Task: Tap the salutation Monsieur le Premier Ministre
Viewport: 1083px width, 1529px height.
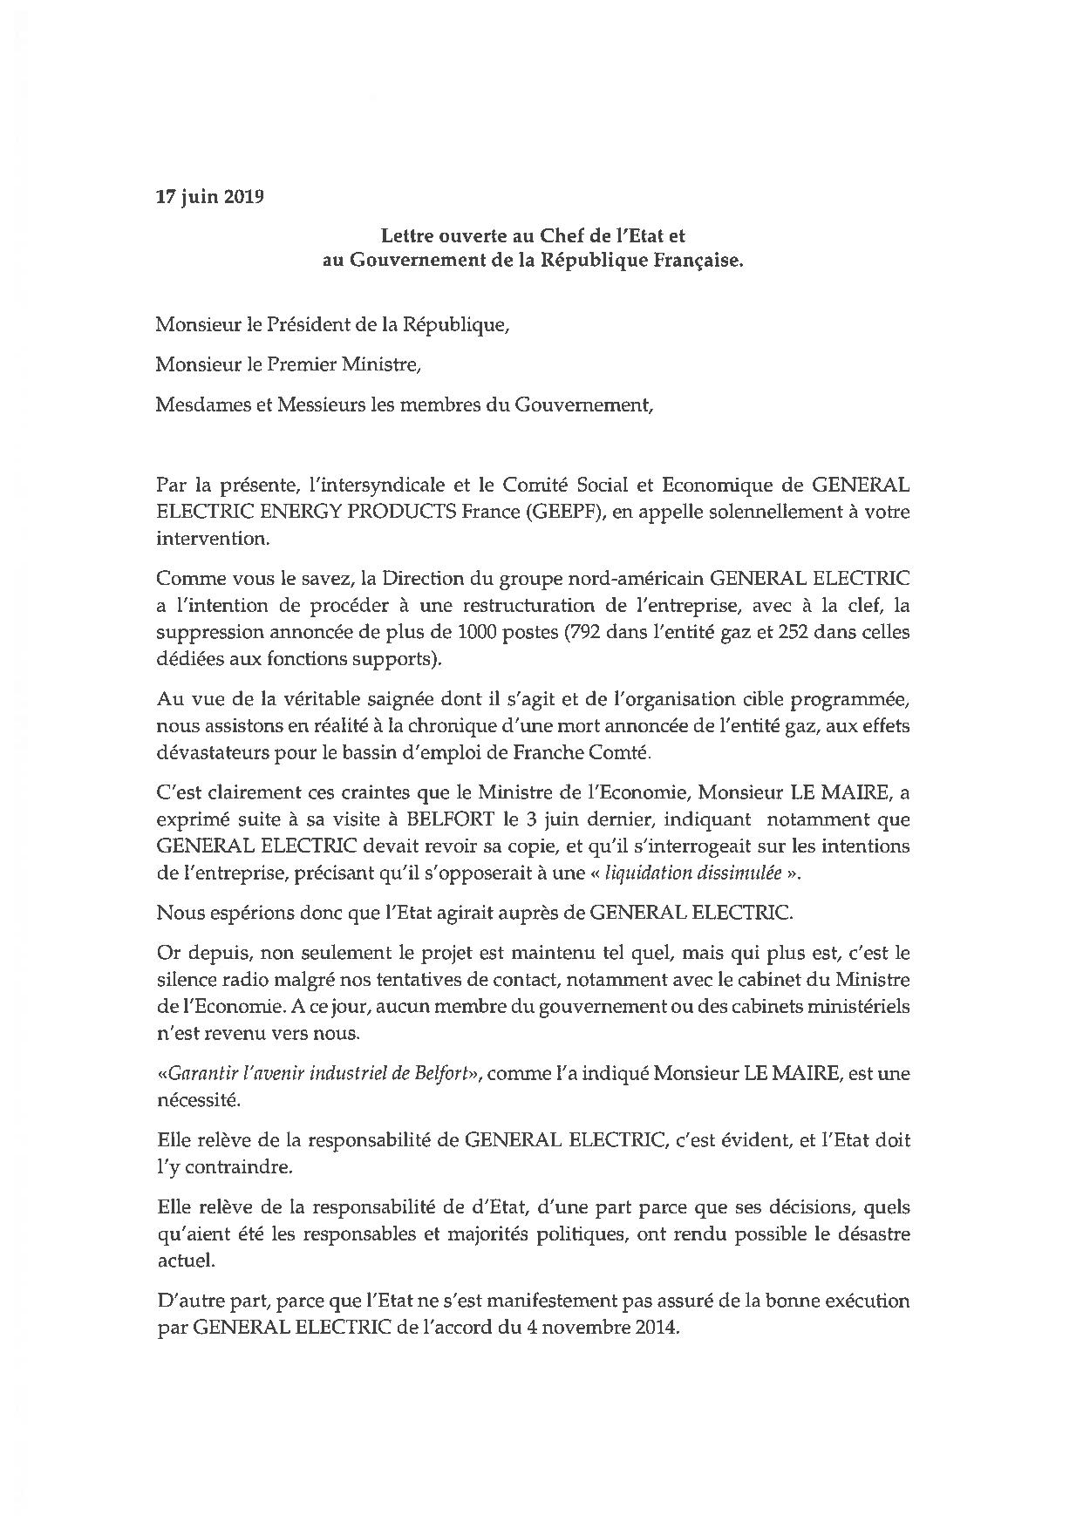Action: (288, 364)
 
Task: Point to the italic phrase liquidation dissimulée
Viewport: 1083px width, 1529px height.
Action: (692, 873)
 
